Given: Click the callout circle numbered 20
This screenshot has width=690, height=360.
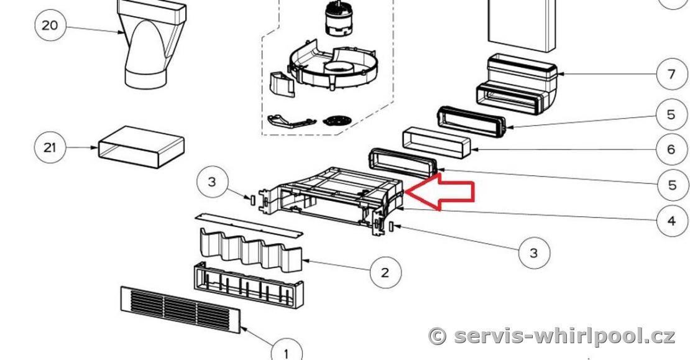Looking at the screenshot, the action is pyautogui.click(x=50, y=25).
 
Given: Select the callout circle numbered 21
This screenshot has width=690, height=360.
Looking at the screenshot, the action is pyautogui.click(x=50, y=147).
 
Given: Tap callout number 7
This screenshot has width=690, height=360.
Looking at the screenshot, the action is pyautogui.click(x=671, y=74).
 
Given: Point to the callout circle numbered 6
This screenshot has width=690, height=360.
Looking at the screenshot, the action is pyautogui.click(x=671, y=150).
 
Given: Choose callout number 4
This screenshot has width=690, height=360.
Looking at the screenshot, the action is pyautogui.click(x=671, y=220).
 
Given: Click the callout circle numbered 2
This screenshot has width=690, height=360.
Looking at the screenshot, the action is pyautogui.click(x=385, y=272).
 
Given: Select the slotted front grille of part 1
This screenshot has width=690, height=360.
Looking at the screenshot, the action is pyautogui.click(x=180, y=310).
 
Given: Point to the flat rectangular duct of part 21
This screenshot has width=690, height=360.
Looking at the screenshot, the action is pyautogui.click(x=141, y=147).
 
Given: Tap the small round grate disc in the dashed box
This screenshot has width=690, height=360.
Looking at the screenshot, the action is pyautogui.click(x=337, y=120).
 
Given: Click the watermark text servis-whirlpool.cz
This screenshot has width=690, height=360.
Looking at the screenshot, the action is pyautogui.click(x=564, y=336).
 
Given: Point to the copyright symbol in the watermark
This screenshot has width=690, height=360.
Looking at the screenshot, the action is pyautogui.click(x=438, y=337).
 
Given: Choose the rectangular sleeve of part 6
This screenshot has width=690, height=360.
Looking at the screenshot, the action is pyautogui.click(x=436, y=142).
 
